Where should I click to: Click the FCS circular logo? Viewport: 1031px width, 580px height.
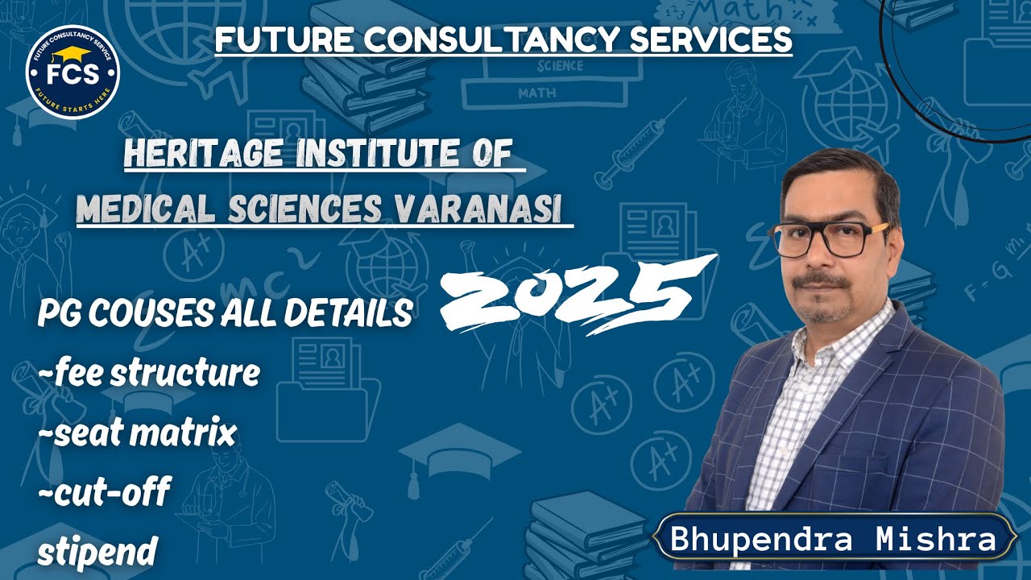[73, 72]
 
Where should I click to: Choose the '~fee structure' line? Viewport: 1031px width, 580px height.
[149, 373]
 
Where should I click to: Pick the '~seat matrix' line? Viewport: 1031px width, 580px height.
[137, 433]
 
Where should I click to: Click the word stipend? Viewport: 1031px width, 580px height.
[97, 553]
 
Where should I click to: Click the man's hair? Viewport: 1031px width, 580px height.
[838, 169]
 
